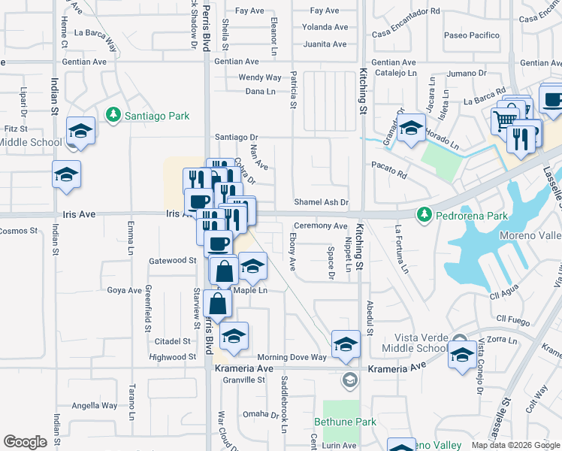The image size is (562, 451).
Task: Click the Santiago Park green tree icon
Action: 113,115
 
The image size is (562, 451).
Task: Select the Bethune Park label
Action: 345,422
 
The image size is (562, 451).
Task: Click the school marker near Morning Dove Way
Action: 346,345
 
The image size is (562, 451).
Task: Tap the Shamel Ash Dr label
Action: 322,202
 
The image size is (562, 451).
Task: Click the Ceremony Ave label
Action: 320,225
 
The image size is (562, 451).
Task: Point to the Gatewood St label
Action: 173,260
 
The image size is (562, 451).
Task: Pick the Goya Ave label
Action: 125,290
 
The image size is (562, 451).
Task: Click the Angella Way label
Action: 95,406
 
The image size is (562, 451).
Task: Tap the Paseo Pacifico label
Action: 472,35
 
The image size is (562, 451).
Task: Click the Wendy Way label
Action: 260,77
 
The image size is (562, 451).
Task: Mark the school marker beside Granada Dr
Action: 411,130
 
